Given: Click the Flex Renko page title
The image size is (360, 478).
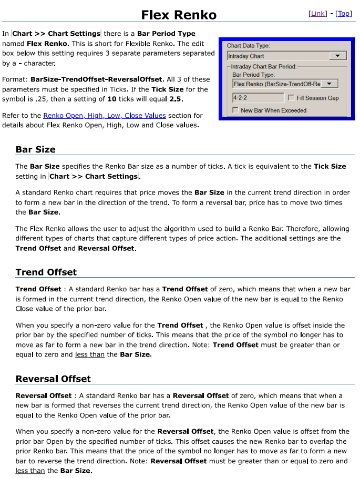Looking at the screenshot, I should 179,15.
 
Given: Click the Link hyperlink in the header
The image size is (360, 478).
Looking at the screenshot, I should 318,14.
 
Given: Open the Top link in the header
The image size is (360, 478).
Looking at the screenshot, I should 344,14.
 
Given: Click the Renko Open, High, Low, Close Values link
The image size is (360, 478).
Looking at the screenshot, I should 105,116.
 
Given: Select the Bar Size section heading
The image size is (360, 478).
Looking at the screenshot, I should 36,149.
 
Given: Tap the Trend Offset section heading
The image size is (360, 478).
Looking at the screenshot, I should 46,272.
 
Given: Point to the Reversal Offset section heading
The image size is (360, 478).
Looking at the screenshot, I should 53,379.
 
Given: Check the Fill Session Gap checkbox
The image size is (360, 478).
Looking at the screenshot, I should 291,98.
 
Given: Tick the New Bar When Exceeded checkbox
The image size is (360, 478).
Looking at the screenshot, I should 235,110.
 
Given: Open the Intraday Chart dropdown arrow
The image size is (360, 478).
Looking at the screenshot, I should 337,56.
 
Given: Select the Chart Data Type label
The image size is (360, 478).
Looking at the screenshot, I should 248,46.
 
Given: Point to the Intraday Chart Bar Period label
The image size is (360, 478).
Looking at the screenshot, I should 264,67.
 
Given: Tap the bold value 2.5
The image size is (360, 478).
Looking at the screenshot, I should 176,99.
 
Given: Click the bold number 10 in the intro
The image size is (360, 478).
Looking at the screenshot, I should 112,99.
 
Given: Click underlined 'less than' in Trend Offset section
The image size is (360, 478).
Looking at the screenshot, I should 90,354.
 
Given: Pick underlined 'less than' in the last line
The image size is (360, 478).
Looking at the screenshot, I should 30,471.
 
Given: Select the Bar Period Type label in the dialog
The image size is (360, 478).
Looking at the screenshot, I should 253,75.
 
